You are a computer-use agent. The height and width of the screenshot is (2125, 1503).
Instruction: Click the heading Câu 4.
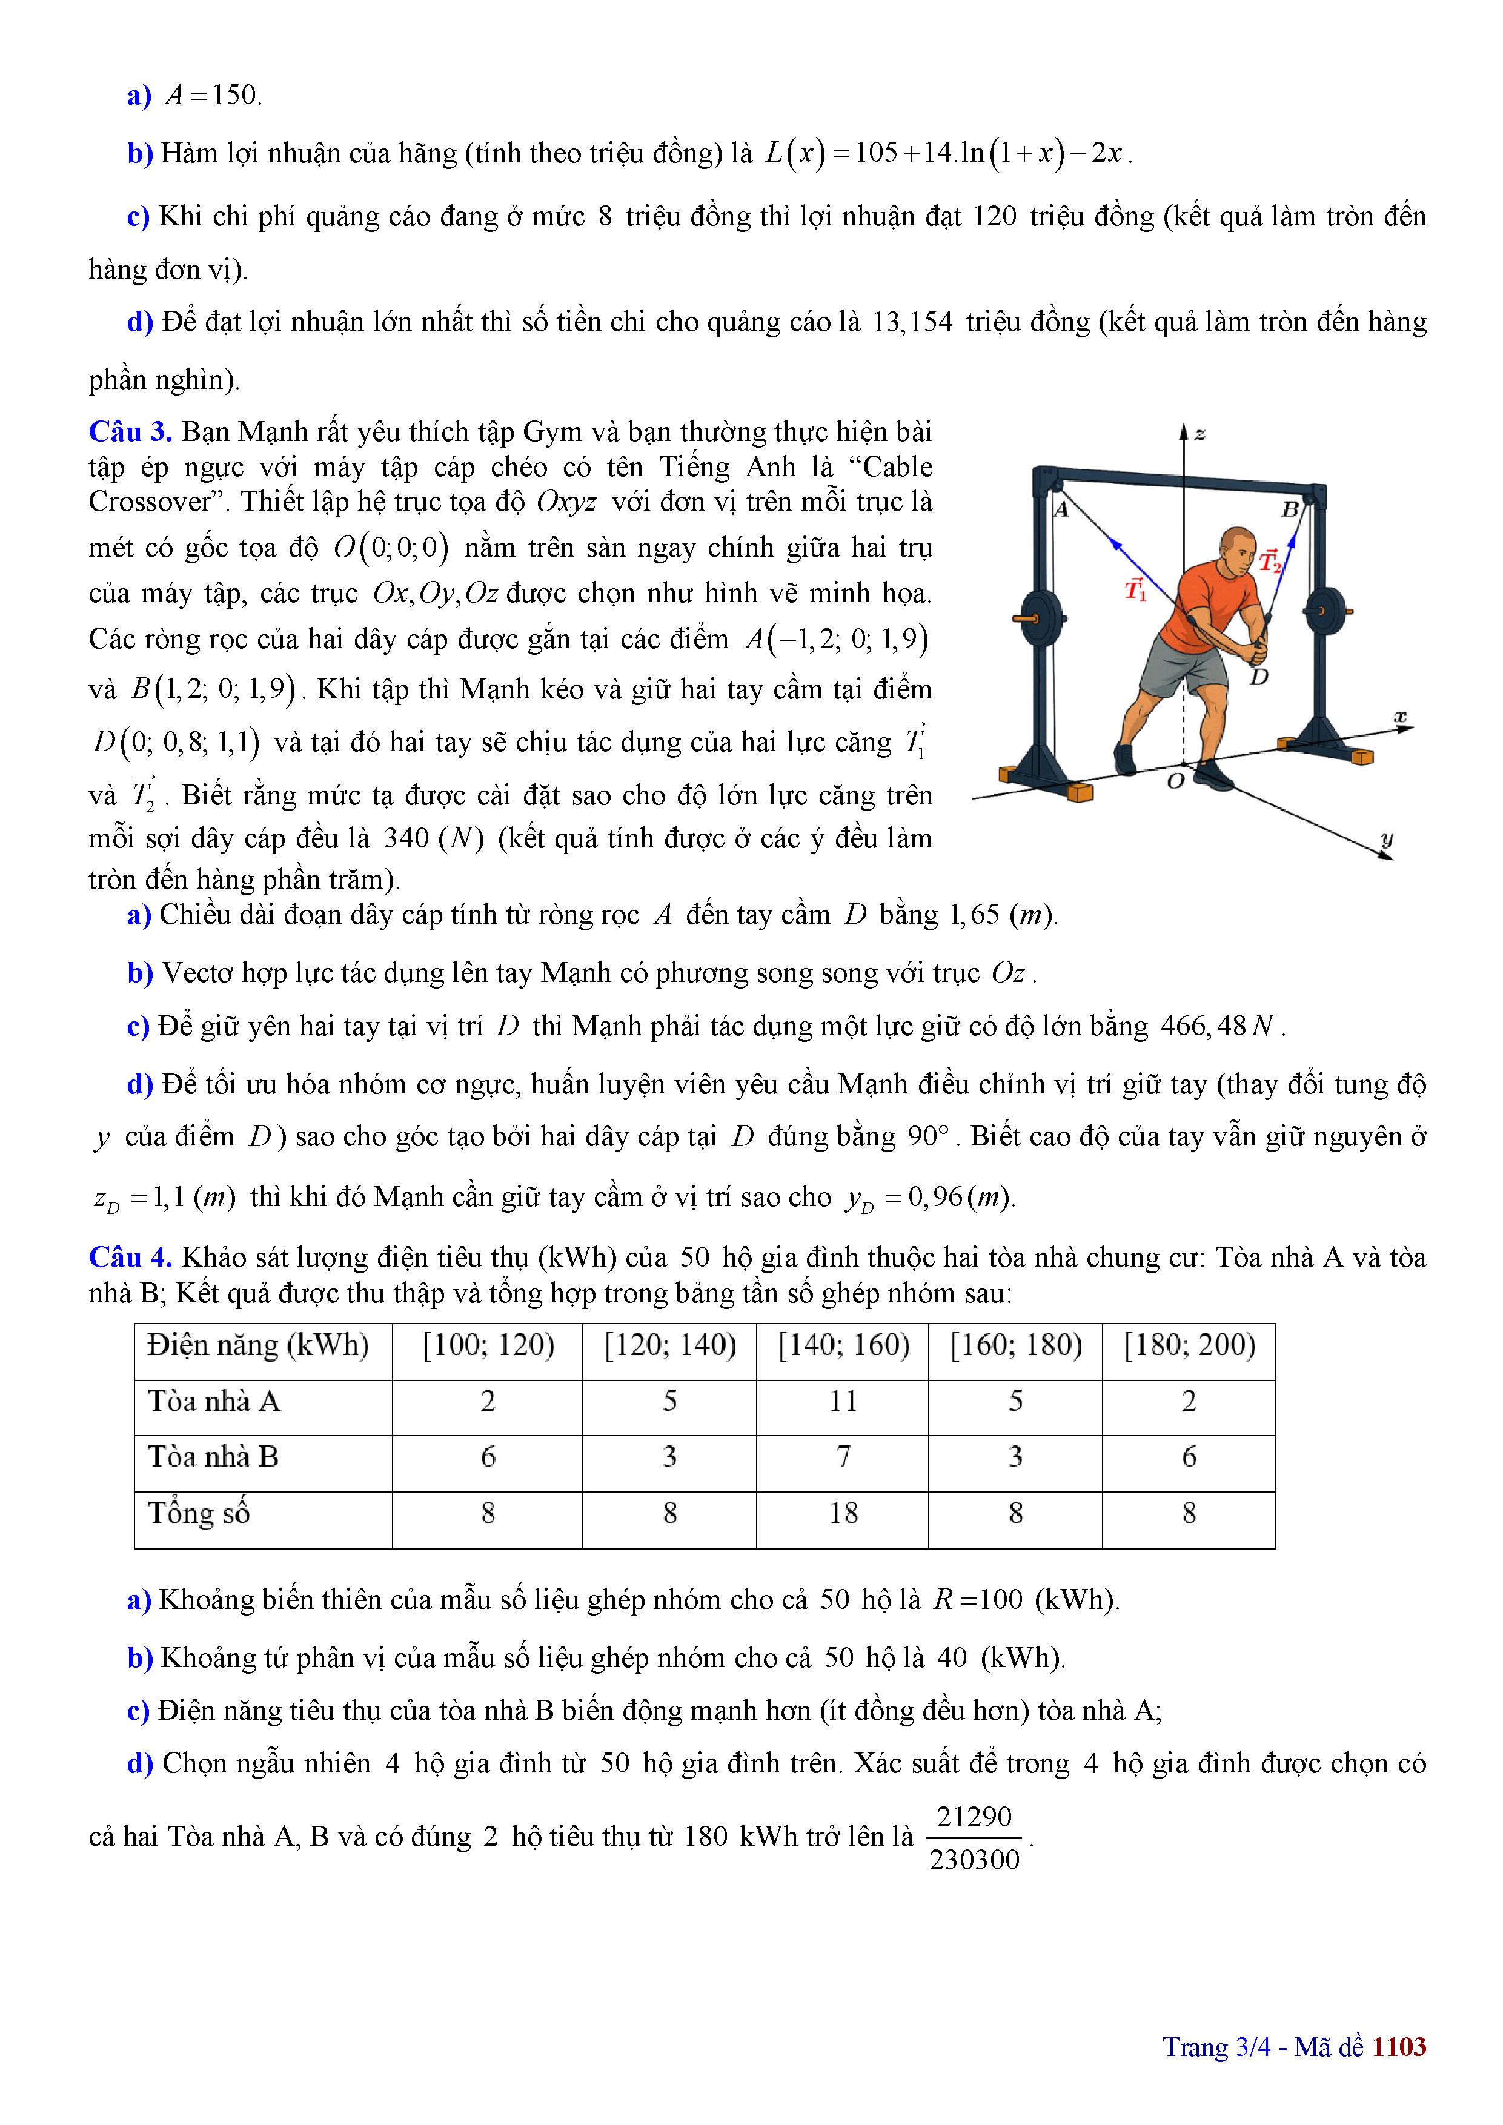(130, 1258)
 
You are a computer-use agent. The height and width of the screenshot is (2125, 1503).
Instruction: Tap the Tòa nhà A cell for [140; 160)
(843, 1401)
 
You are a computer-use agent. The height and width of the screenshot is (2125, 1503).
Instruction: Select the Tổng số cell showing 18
(843, 1513)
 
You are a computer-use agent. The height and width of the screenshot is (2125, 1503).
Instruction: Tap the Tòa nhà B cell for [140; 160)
(843, 1457)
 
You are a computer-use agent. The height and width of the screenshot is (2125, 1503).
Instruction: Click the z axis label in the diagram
(1199, 433)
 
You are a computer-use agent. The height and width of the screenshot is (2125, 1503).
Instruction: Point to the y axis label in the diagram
(1387, 838)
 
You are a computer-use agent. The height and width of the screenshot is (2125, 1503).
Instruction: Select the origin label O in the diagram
(1175, 781)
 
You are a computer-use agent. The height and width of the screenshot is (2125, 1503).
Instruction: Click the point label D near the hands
(1259, 677)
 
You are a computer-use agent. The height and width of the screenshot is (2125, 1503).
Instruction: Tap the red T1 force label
(1135, 589)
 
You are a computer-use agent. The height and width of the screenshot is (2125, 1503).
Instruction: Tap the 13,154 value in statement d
(912, 322)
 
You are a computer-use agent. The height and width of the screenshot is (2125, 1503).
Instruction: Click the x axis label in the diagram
(1400, 717)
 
